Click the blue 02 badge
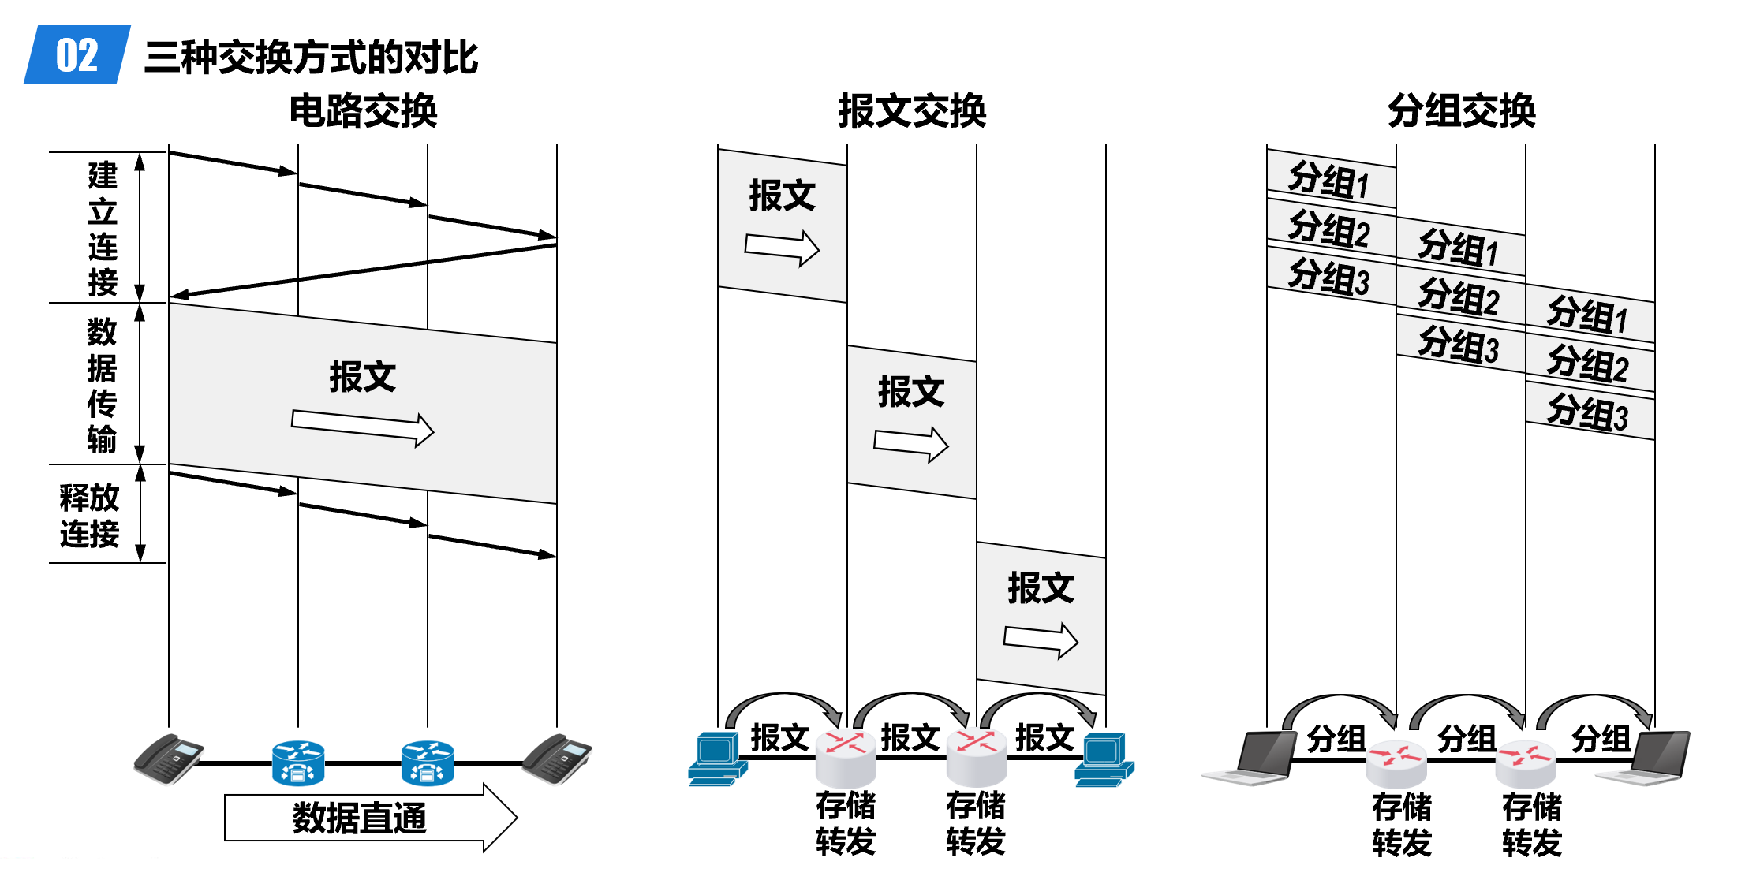click(x=77, y=55)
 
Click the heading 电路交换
click(x=363, y=110)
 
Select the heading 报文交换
click(x=912, y=110)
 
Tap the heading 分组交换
click(x=1461, y=110)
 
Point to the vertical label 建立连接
click(x=103, y=229)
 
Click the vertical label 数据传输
click(x=102, y=385)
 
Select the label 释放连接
click(x=89, y=516)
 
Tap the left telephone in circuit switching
click(x=168, y=759)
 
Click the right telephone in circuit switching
click(x=557, y=759)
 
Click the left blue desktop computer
click(x=716, y=759)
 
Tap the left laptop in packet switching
click(x=1254, y=759)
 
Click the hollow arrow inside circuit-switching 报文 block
click(x=362, y=428)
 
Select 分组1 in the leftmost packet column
click(x=1329, y=180)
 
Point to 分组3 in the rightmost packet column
click(x=1588, y=412)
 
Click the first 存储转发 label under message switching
click(x=846, y=823)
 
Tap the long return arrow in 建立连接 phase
click(x=363, y=270)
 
